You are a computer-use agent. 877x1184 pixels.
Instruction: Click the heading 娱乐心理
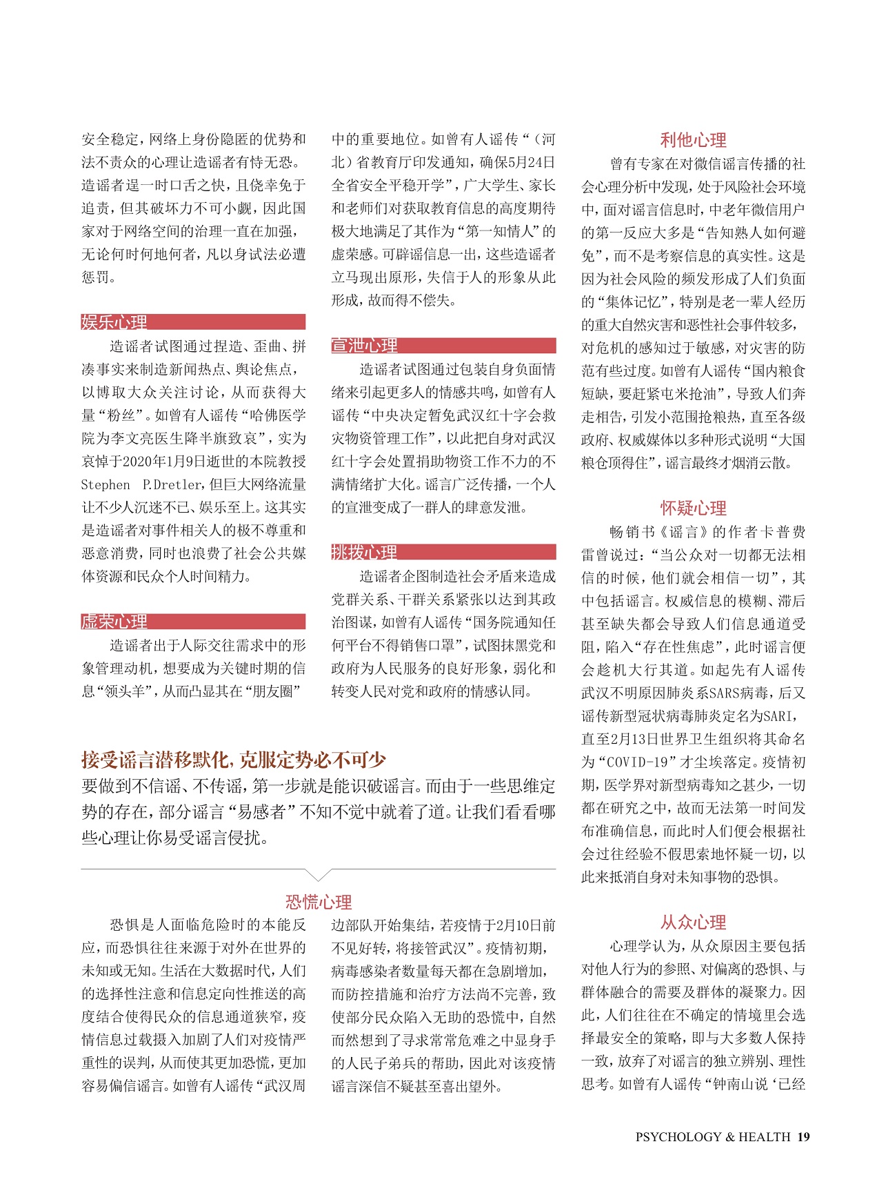click(x=114, y=322)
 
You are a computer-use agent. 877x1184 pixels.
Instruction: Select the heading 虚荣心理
click(x=114, y=621)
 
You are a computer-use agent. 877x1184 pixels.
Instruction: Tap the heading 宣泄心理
click(x=365, y=346)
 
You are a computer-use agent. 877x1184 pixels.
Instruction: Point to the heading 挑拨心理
click(x=365, y=552)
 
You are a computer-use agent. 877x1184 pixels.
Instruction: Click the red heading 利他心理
click(x=693, y=140)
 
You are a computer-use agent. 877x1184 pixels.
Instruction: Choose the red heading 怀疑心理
click(x=693, y=508)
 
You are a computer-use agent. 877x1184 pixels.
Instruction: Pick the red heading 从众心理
click(x=693, y=922)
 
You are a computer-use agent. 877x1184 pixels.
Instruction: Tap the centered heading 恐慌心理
click(x=319, y=901)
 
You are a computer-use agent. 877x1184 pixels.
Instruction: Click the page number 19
click(x=803, y=1136)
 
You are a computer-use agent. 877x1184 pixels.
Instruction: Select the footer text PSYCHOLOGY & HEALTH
click(x=712, y=1136)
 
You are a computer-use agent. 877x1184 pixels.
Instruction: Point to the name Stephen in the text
click(x=105, y=484)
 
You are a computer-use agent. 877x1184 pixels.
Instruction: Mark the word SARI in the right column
click(x=781, y=716)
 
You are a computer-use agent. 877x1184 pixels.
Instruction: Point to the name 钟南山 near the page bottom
click(x=749, y=1084)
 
